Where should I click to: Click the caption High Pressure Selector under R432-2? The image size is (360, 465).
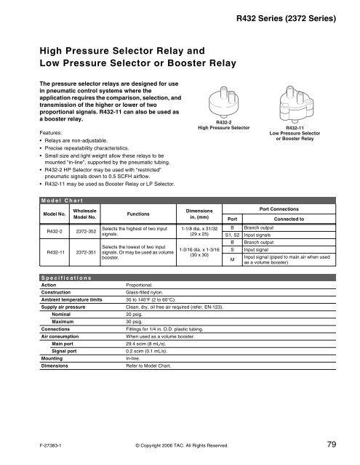click(224, 127)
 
